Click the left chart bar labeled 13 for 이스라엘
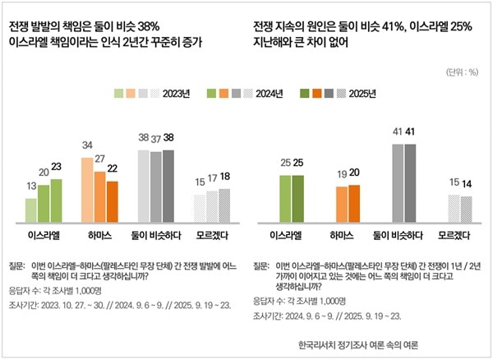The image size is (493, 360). pos(30,210)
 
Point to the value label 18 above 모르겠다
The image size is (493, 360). pos(224,177)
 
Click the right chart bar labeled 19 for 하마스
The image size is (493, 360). pos(342,205)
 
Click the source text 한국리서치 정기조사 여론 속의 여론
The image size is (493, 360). pos(359,345)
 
